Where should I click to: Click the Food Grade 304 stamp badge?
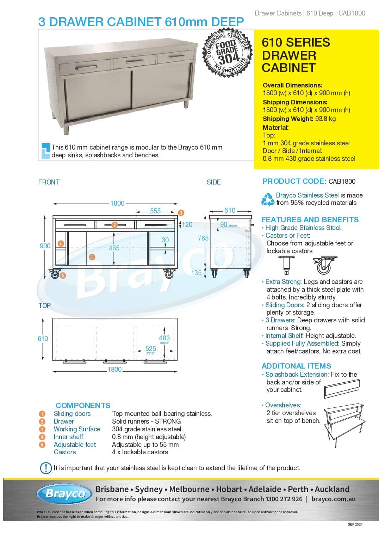tap(227, 53)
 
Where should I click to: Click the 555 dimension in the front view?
tap(155, 211)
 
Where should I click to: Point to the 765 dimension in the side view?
tap(203, 238)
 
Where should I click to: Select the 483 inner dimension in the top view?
tap(164, 338)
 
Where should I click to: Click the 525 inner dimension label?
tap(151, 348)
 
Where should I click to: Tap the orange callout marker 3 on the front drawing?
tap(181, 213)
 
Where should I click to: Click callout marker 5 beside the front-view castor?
tap(63, 275)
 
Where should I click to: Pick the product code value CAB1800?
tap(342, 181)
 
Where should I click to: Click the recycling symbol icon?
tap(268, 199)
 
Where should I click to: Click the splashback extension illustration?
tap(342, 388)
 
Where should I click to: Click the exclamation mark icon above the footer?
tap(46, 468)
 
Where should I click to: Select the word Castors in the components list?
tap(65, 452)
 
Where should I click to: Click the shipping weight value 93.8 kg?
tap(325, 119)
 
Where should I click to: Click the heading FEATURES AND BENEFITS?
tap(310, 219)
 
